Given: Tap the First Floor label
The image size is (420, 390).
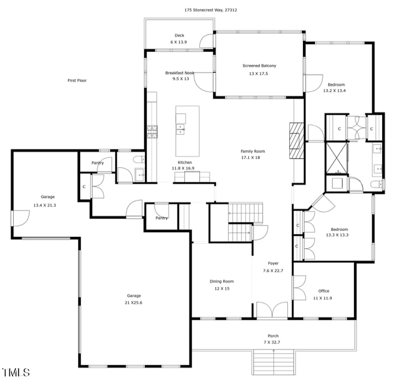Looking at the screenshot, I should [77, 80].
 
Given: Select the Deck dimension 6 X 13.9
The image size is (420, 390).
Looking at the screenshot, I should [180, 41].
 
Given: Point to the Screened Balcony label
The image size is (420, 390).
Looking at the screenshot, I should [259, 66].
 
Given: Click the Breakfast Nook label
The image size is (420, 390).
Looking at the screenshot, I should [180, 73].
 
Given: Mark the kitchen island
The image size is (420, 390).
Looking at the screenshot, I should [187, 131].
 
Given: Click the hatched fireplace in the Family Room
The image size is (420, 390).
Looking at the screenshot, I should [297, 140].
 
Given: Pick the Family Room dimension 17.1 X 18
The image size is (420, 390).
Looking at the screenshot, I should [250, 157].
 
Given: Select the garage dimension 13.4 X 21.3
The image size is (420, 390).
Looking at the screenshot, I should [45, 205].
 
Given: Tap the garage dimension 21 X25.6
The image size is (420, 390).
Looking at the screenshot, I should [133, 302].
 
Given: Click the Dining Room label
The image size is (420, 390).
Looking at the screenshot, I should [221, 281].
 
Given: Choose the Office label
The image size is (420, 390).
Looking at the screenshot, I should [324, 291].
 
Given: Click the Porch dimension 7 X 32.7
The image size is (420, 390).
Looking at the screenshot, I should [273, 342].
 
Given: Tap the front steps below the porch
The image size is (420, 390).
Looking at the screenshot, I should [274, 362].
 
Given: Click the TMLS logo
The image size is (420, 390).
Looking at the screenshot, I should [16, 373].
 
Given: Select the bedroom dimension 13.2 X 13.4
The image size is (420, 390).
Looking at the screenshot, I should [336, 91].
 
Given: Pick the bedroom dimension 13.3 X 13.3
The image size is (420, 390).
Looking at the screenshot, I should [339, 235].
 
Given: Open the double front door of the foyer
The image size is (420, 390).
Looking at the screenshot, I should [272, 310].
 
